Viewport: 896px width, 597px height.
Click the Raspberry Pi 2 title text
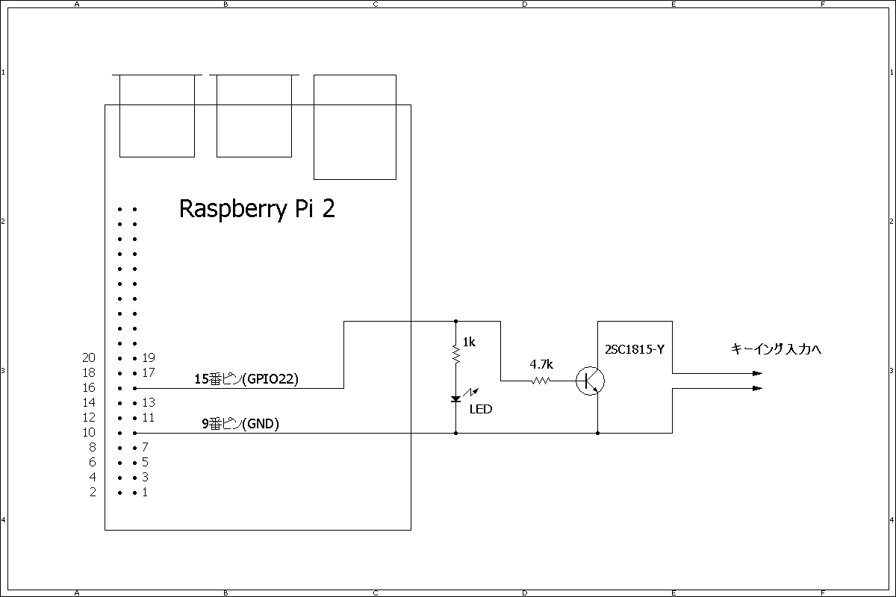pyautogui.click(x=257, y=209)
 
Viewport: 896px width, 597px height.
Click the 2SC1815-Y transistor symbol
pyautogui.click(x=591, y=381)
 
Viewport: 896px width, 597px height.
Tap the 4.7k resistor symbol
pyautogui.click(x=541, y=381)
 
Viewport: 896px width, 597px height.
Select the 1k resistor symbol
pyautogui.click(x=455, y=353)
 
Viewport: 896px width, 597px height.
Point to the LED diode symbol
pyautogui.click(x=455, y=399)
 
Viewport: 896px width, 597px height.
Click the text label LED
pyautogui.click(x=481, y=409)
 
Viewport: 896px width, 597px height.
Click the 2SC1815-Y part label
pyautogui.click(x=635, y=348)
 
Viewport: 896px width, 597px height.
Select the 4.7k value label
pyautogui.click(x=541, y=365)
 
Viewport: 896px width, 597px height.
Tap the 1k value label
pyautogui.click(x=469, y=342)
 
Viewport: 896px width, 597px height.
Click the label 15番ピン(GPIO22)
pyautogui.click(x=246, y=379)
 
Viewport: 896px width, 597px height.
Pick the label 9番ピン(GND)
pyautogui.click(x=240, y=424)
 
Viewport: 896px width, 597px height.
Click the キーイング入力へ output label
pyautogui.click(x=776, y=348)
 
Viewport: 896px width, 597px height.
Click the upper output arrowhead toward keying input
pyautogui.click(x=757, y=373)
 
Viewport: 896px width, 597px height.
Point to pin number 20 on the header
pyautogui.click(x=90, y=357)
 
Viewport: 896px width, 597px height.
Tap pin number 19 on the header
pyautogui.click(x=148, y=357)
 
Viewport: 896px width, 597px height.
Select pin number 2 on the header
pyautogui.click(x=93, y=492)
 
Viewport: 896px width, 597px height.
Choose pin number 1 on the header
pyautogui.click(x=145, y=492)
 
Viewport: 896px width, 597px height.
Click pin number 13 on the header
pyautogui.click(x=148, y=402)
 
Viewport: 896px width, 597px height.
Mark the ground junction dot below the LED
pyautogui.click(x=455, y=433)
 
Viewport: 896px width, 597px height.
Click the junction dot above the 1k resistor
pyautogui.click(x=455, y=321)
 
